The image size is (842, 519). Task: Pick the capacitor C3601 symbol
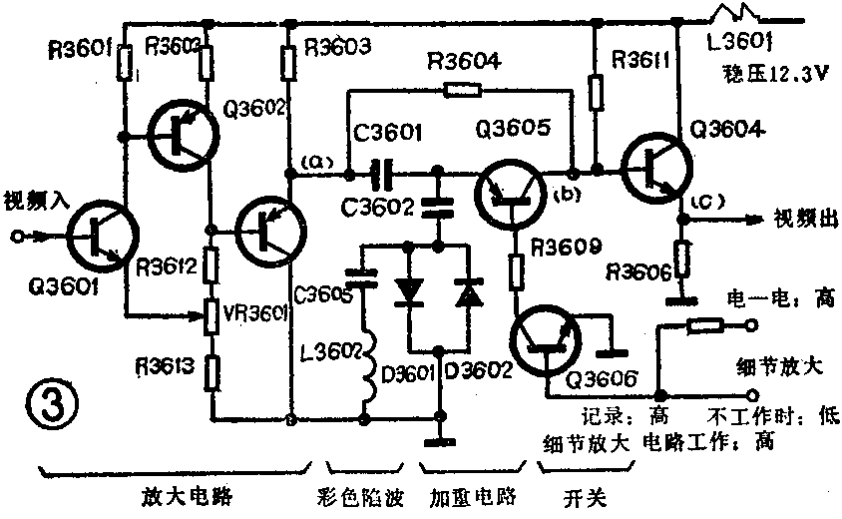[x=379, y=177]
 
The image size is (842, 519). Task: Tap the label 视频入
[x=35, y=197]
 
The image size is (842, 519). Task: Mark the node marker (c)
[x=697, y=204]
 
